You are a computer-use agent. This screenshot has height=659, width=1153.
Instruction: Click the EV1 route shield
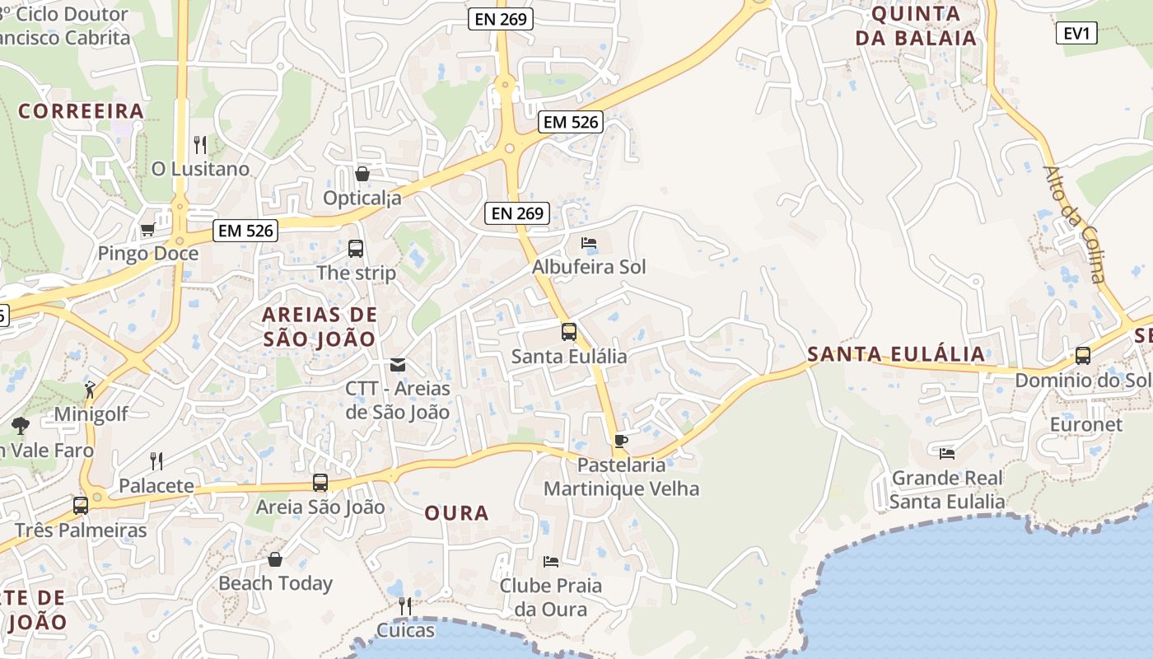coord(1076,34)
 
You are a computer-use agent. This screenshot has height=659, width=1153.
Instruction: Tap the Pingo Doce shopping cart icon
coord(147,229)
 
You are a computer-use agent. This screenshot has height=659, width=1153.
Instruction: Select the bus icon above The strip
coord(356,248)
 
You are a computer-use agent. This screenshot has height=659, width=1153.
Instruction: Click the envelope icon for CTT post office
coord(398,364)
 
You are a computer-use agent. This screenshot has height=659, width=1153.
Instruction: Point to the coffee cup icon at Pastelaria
coord(620,441)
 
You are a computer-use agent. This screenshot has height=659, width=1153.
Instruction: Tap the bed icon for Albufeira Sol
coord(589,243)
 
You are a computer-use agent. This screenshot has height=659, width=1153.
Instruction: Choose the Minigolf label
coord(91,414)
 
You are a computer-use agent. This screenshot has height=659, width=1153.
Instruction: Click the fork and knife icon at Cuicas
coord(404,606)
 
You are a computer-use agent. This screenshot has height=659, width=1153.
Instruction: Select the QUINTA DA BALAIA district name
coord(916,26)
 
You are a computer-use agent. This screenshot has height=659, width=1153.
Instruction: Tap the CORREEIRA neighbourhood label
coord(81,111)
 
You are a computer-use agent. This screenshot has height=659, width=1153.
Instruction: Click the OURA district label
coord(456,513)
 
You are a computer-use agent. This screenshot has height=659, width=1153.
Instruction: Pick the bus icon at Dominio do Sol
coord(1082,356)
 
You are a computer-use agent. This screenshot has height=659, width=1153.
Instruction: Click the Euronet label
coord(1085,424)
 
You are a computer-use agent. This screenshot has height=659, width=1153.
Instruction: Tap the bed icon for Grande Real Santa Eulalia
coord(947,453)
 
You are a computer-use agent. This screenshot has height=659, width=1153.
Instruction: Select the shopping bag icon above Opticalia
coord(362,174)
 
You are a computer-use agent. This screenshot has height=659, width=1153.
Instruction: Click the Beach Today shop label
coord(275,583)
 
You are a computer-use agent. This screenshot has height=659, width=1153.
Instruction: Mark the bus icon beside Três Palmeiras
coord(80,506)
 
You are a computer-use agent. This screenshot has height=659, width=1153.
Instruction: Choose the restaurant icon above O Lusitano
coord(199,145)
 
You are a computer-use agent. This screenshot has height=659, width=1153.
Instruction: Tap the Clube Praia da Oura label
coord(550,597)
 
